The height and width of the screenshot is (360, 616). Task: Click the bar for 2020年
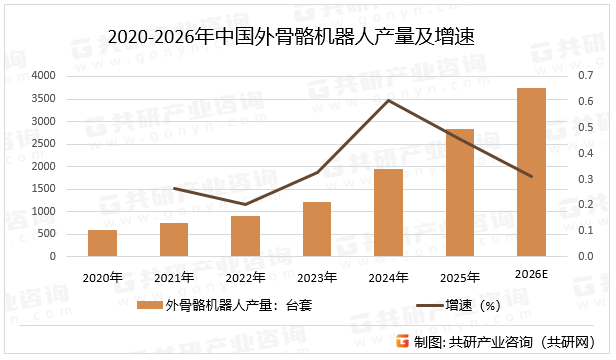tap(102, 243)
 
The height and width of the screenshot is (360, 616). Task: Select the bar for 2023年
tap(317, 229)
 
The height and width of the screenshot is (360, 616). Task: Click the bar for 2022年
tap(245, 236)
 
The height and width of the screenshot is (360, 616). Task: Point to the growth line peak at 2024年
tap(388, 100)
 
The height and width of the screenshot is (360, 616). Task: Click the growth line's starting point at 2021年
tap(174, 188)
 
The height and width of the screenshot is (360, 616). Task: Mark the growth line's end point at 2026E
tap(531, 177)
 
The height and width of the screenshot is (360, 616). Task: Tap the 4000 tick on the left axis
tap(43, 76)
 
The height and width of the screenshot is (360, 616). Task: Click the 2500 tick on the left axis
tap(43, 144)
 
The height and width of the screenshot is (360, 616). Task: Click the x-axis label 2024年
tap(388, 277)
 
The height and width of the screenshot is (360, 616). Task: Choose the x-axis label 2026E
tap(531, 276)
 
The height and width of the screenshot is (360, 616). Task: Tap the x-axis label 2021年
tap(174, 277)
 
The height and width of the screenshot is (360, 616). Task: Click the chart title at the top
tap(290, 37)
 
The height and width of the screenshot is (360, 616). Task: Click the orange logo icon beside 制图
tap(402, 342)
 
